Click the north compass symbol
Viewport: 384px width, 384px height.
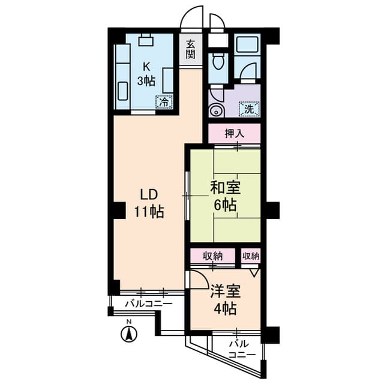click(x=128, y=333)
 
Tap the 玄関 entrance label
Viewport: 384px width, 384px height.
click(x=190, y=49)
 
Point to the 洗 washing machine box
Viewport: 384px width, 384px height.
click(x=248, y=110)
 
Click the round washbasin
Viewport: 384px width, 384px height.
click(x=215, y=111)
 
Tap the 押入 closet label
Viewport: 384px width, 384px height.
click(x=234, y=134)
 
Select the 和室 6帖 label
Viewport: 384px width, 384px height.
click(x=224, y=196)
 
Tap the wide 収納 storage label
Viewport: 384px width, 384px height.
click(x=212, y=256)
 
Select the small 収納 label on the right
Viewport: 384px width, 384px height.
click(x=251, y=256)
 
